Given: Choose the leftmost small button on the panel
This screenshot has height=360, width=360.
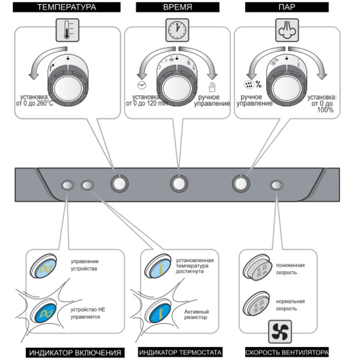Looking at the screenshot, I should [67, 184].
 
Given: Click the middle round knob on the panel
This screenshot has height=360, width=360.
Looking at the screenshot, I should [179, 184].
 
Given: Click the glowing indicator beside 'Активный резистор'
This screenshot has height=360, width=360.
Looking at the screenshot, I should [157, 313].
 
